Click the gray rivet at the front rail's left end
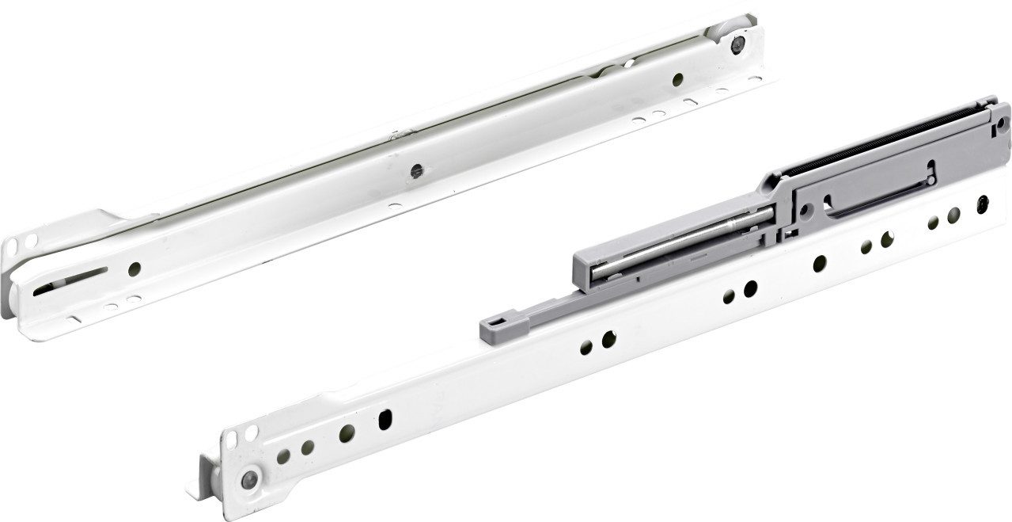click(x=251, y=478)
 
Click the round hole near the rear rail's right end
click(x=677, y=78)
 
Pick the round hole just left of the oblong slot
click(x=346, y=432)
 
